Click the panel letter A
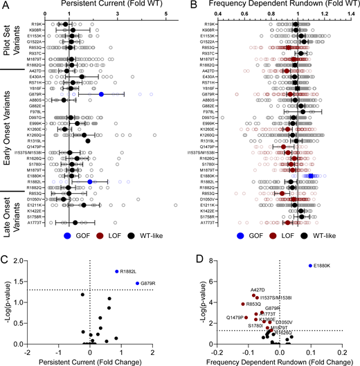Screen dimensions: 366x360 (x=5, y=5)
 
